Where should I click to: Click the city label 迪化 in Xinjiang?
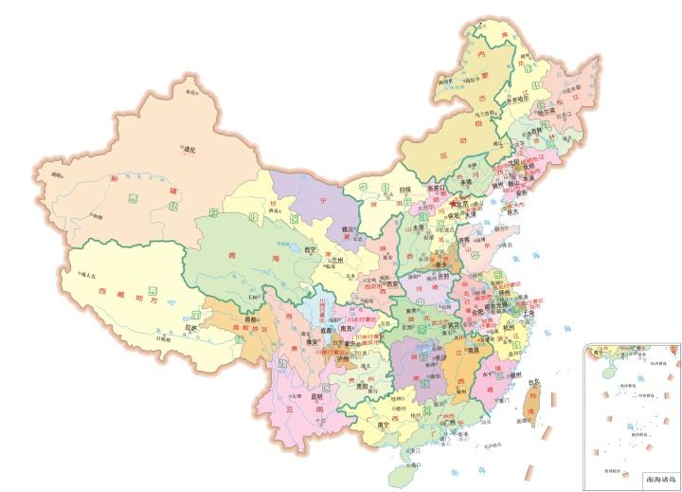tap(188, 148)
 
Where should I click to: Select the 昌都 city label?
tap(250, 320)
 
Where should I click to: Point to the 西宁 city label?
tap(309, 249)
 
